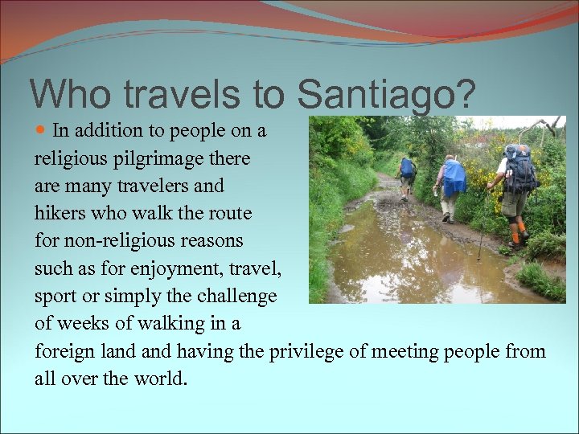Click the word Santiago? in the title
point(386,95)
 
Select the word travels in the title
point(189,93)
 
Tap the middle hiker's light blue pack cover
point(454,176)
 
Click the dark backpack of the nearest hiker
point(520,170)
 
